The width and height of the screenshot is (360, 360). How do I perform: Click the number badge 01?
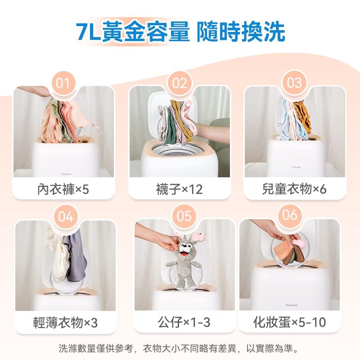63,83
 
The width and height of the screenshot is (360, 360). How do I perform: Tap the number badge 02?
180,83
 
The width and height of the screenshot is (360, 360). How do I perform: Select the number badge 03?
294,83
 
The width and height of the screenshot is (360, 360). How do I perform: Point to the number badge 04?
66,217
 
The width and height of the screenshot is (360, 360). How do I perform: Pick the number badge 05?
184,216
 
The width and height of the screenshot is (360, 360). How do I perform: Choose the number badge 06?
290,215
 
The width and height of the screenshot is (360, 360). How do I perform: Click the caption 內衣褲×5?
63,189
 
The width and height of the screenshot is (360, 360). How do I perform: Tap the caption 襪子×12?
179,189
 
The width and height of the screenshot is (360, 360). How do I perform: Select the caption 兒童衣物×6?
294,189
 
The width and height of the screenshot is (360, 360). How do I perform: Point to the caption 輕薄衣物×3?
65,323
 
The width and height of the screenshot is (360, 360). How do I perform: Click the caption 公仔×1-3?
184,322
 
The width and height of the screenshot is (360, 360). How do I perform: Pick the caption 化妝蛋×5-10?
289,322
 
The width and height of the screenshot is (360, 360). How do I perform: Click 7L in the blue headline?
88,32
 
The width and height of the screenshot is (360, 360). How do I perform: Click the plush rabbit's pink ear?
198,237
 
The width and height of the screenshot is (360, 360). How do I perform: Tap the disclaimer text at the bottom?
178,348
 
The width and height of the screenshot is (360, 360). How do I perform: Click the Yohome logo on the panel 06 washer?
292,305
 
